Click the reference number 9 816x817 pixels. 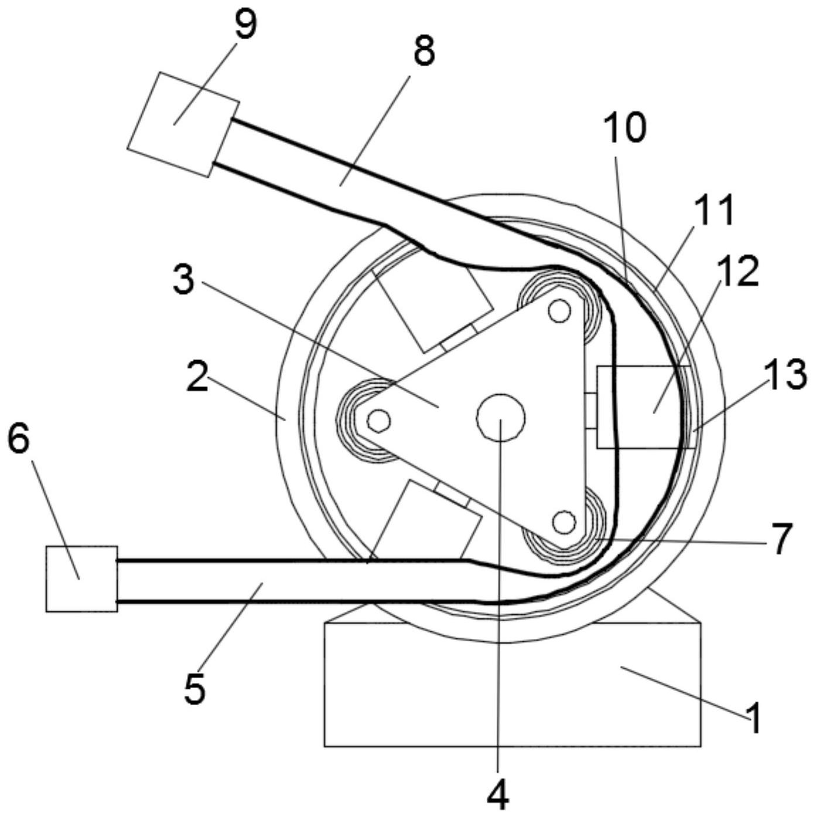(x=245, y=25)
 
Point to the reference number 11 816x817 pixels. (x=712, y=211)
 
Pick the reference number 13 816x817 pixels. (x=786, y=375)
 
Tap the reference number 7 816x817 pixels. (x=780, y=539)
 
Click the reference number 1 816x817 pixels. (x=753, y=718)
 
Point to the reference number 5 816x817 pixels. (x=194, y=687)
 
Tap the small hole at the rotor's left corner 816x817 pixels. (x=379, y=420)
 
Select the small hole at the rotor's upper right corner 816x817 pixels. (x=559, y=311)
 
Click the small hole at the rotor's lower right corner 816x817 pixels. (x=564, y=522)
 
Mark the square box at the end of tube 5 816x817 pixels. (x=81, y=579)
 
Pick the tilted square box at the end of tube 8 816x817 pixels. (x=183, y=124)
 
